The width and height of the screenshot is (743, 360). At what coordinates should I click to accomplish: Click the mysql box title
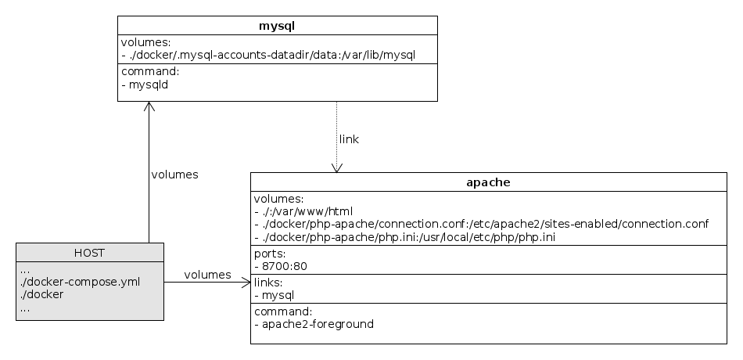pyautogui.click(x=277, y=26)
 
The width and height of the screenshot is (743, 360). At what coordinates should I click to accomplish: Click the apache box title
pyautogui.click(x=488, y=182)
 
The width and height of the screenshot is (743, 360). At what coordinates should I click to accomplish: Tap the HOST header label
pyautogui.click(x=90, y=252)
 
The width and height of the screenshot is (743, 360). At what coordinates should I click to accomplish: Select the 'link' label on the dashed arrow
pyautogui.click(x=349, y=139)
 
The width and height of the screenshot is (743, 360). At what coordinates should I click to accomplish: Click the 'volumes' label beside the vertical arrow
pyautogui.click(x=174, y=175)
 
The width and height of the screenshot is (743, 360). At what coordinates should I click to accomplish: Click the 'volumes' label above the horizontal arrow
pyautogui.click(x=207, y=275)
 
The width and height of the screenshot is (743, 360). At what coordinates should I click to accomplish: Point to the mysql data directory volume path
pyautogui.click(x=267, y=55)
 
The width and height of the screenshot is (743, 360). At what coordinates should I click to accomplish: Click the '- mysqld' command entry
pyautogui.click(x=145, y=85)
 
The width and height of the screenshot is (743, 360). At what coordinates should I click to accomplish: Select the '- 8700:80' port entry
pyautogui.click(x=280, y=266)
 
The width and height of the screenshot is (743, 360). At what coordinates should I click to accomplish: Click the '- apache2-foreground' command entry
pyautogui.click(x=314, y=323)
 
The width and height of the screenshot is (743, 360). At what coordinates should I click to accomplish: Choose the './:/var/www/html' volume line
pyautogui.click(x=304, y=211)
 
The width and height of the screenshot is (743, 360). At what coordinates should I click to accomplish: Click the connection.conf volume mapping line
pyautogui.click(x=481, y=224)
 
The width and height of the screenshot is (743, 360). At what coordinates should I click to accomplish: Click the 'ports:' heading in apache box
pyautogui.click(x=270, y=254)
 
